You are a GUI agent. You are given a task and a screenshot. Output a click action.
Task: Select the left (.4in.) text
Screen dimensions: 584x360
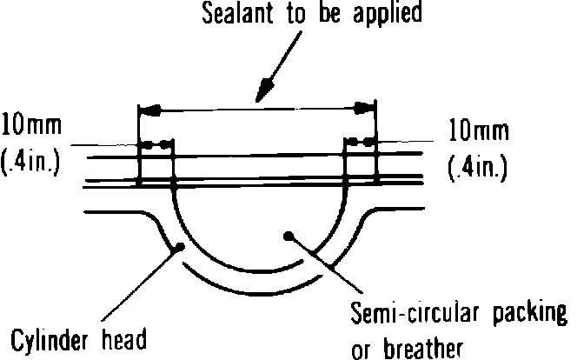tap(31, 162)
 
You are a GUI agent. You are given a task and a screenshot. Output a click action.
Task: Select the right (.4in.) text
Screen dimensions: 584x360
tap(480, 166)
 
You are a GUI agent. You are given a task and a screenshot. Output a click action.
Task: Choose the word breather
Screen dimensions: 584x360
tap(417, 349)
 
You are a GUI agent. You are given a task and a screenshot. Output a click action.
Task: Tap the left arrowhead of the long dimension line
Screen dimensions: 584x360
tap(149, 110)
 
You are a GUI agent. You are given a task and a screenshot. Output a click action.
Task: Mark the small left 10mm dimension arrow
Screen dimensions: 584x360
tap(156, 143)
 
